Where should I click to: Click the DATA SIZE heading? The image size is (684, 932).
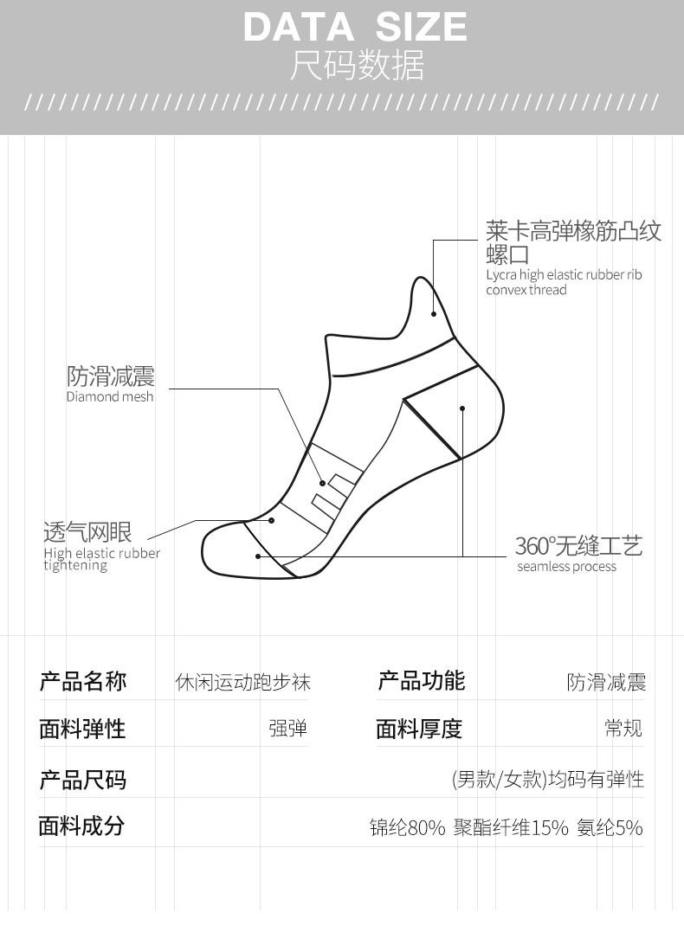(x=355, y=27)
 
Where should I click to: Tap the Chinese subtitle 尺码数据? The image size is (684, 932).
(x=357, y=66)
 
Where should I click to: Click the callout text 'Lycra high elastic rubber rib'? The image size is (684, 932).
(x=564, y=275)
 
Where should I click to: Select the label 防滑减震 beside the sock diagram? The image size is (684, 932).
(x=111, y=376)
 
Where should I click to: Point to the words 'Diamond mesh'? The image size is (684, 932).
(x=110, y=397)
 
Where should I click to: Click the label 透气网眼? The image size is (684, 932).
(x=87, y=531)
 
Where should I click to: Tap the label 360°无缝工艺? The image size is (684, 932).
(x=578, y=546)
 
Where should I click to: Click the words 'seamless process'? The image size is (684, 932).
(x=566, y=567)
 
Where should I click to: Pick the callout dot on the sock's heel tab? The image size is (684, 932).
(x=434, y=313)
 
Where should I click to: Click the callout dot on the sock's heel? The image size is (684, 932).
(x=462, y=408)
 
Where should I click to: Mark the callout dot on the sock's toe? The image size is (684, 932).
(x=257, y=556)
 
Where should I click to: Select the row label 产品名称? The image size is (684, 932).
(x=83, y=682)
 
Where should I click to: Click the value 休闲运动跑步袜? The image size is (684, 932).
(x=242, y=683)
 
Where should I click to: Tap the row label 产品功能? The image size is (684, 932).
(x=421, y=681)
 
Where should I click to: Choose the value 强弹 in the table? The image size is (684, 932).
(x=287, y=729)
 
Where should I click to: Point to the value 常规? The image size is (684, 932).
(x=623, y=728)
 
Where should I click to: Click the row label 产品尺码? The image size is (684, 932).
(x=83, y=780)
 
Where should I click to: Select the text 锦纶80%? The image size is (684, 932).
(x=407, y=828)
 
